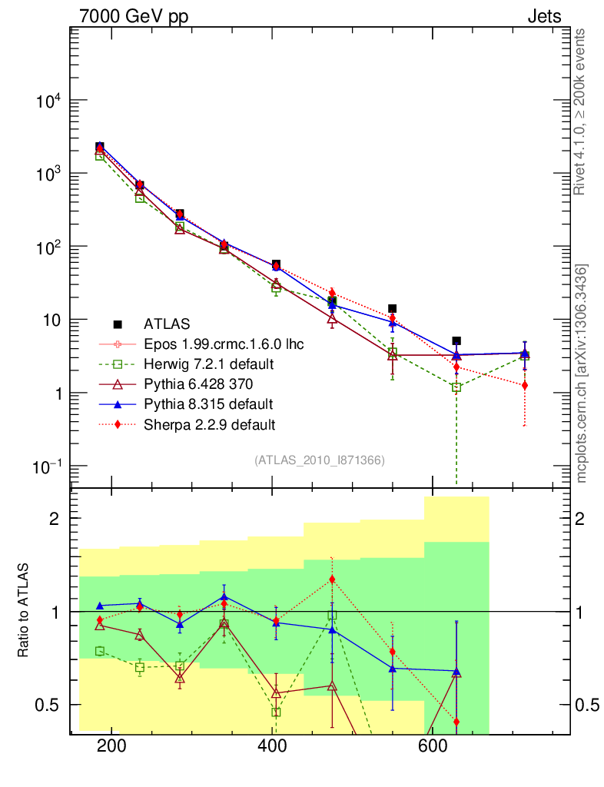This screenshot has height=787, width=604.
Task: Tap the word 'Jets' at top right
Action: pos(543,16)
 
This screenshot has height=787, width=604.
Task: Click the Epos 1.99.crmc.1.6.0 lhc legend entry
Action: pos(224,344)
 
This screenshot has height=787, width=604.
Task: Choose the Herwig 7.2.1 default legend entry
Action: pos(208,364)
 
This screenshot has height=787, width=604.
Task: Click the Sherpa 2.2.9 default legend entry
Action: pos(209,423)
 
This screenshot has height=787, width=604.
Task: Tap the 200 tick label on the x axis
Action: pos(112,748)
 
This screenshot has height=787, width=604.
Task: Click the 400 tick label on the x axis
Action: pos(272,748)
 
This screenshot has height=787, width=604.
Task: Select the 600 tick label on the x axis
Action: pos(432,748)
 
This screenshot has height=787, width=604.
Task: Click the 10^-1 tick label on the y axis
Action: pos(48,467)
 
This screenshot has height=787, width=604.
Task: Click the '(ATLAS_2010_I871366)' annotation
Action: pos(319,460)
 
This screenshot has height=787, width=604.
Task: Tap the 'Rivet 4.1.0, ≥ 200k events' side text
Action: pos(581,112)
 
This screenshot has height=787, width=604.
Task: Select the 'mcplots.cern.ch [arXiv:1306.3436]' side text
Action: pos(582,374)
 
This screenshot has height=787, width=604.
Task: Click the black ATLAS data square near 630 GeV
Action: pos(456,340)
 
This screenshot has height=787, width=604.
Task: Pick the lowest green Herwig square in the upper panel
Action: pos(456,387)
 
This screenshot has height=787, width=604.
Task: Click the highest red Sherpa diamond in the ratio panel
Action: pos(332,579)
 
